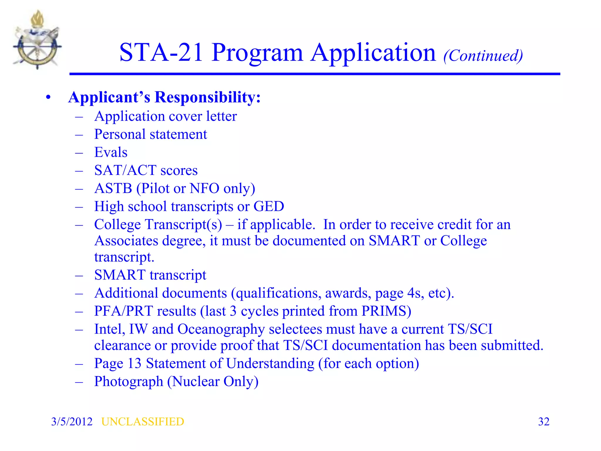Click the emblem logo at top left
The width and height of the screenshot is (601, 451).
tap(37, 40)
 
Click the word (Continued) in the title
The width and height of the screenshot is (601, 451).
tap(483, 55)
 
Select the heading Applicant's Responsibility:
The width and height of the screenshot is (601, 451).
tap(164, 97)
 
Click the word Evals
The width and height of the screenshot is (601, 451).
tap(111, 152)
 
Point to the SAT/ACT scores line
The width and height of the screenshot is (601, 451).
tap(146, 170)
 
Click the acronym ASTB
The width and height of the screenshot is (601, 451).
tap(113, 189)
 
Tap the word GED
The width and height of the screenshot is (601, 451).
tap(269, 206)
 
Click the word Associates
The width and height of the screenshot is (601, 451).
tap(126, 241)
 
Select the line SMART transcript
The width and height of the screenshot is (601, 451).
tap(150, 275)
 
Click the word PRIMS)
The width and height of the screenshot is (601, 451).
tap(386, 311)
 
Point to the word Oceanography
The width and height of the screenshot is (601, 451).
tap(221, 329)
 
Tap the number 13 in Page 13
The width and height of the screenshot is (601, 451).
tap(134, 364)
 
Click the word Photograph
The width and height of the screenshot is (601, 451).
tap(129, 382)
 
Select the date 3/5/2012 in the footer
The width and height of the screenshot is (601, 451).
tap(72, 422)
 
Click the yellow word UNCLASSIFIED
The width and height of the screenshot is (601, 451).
tap(143, 422)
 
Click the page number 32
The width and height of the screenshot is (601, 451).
tap(543, 422)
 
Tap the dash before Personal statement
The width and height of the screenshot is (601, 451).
tap(79, 135)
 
